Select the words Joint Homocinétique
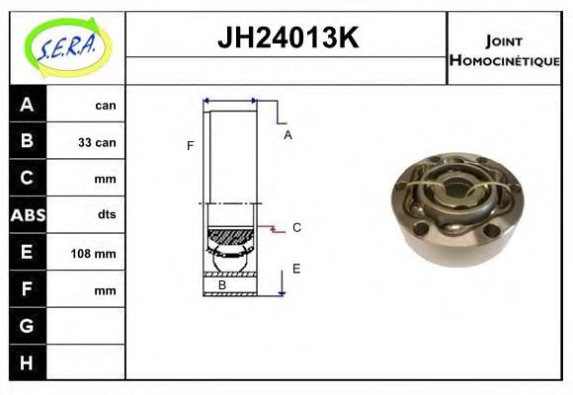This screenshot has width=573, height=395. pos(504,49)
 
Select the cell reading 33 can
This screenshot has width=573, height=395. pos(97,142)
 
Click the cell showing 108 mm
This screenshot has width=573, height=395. pos(96,254)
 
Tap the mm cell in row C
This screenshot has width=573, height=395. pos(105,180)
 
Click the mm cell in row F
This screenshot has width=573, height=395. pos(105,290)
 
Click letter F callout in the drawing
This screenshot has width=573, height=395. pos(190,146)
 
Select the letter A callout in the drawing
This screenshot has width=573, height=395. pos(287,135)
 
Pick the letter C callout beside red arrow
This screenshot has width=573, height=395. pos(296,227)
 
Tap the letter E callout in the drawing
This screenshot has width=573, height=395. pos(296,268)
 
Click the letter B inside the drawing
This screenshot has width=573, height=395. pos(222,285)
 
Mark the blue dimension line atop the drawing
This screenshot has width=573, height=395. pos(230,101)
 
